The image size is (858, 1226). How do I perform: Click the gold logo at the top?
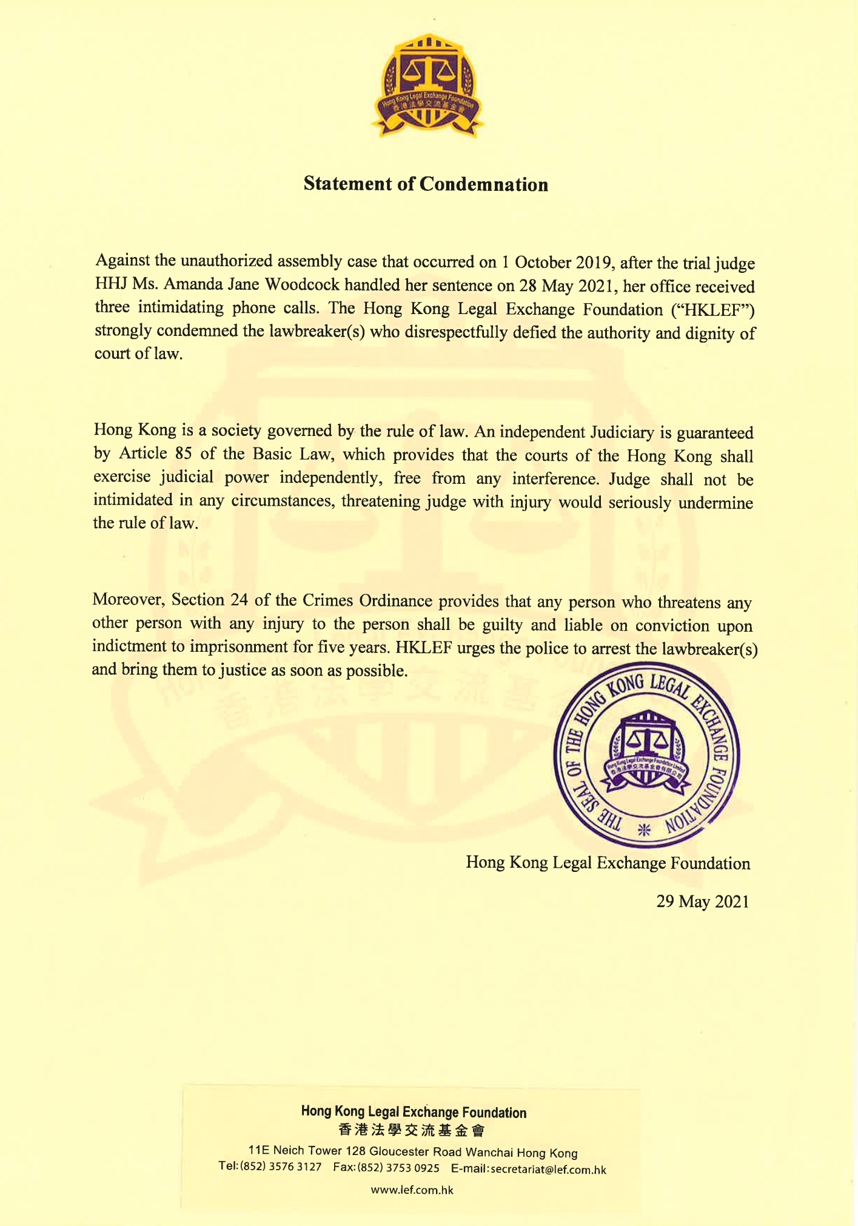(x=428, y=85)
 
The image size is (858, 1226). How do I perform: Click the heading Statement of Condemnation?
(x=426, y=184)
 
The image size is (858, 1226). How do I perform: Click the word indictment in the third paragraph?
(x=129, y=647)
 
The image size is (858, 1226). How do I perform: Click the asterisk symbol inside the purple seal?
(x=645, y=829)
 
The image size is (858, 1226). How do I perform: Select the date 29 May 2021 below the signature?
(x=703, y=902)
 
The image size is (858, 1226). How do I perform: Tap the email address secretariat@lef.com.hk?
(x=548, y=1170)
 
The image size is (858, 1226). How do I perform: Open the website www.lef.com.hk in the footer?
(x=412, y=1190)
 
